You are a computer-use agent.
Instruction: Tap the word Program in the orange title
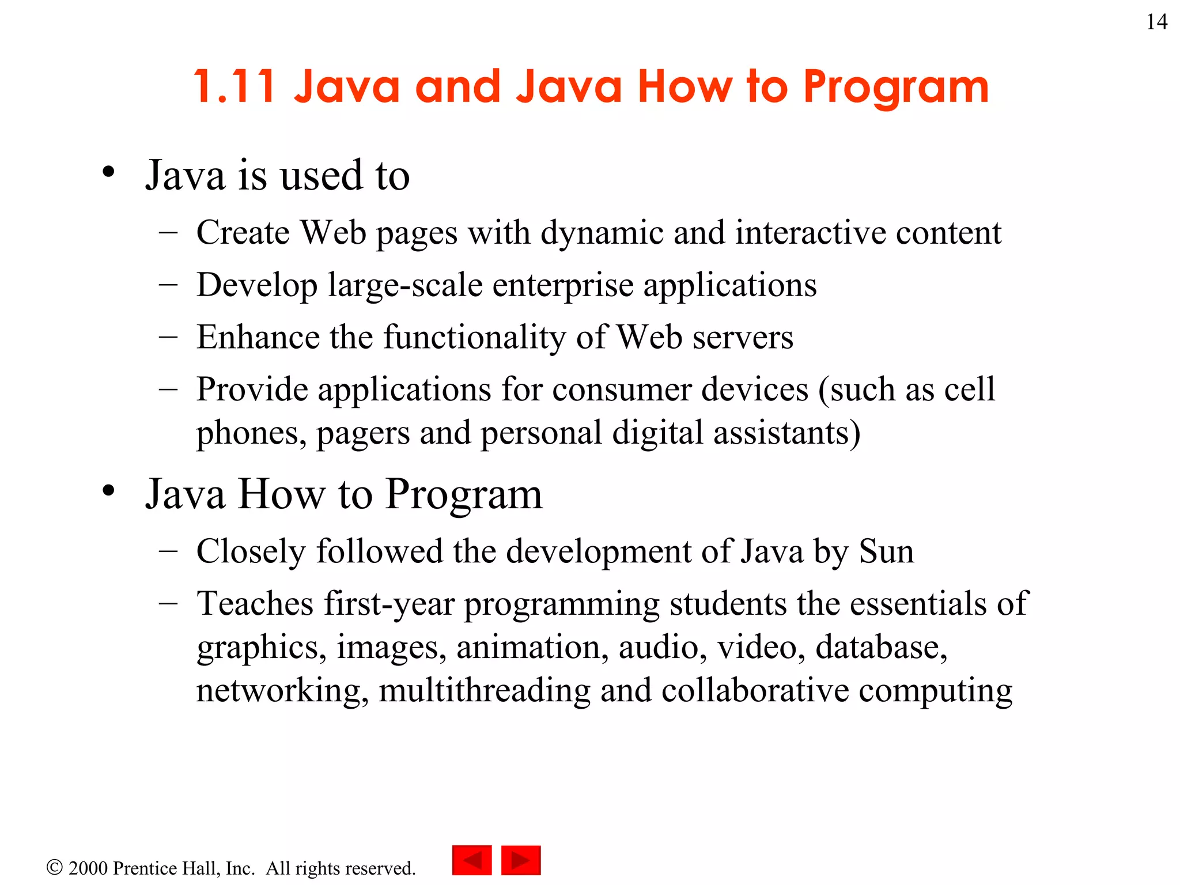pos(896,88)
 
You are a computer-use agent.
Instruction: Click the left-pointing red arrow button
pos(472,860)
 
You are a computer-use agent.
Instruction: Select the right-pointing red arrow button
pos(521,860)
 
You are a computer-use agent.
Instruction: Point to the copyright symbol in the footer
pos(54,868)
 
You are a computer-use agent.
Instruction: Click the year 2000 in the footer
pos(88,868)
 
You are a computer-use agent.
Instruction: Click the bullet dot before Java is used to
pos(108,172)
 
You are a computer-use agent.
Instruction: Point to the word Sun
pos(886,551)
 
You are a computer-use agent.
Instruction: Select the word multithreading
pos(484,690)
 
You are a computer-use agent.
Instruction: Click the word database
pos(882,646)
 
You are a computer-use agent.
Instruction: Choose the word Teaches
pos(255,604)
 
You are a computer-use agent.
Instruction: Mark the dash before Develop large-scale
pos(168,285)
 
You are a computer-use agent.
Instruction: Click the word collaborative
pos(755,690)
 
